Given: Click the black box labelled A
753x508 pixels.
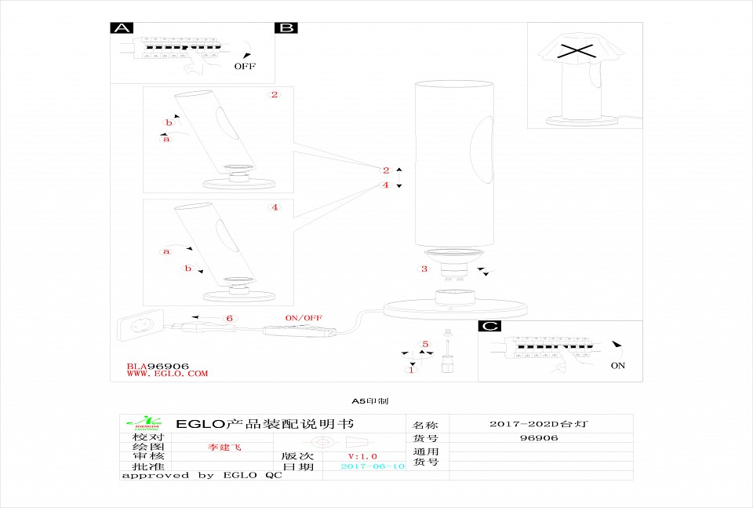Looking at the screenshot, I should pyautogui.click(x=121, y=28).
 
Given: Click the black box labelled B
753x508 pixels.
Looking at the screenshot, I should pyautogui.click(x=286, y=28).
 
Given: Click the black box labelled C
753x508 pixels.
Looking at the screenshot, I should pyautogui.click(x=490, y=326).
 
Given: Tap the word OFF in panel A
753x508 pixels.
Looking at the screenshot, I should pyautogui.click(x=245, y=67).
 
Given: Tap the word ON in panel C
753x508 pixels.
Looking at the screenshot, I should pyautogui.click(x=617, y=366).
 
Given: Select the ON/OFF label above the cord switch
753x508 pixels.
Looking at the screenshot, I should pyautogui.click(x=304, y=317).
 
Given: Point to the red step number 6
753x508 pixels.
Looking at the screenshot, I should pyautogui.click(x=229, y=319).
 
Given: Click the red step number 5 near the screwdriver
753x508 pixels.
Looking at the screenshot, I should pyautogui.click(x=425, y=344).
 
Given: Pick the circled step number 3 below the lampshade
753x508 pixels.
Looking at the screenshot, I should pyautogui.click(x=424, y=269).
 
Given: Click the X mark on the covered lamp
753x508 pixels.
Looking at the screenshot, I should pyautogui.click(x=576, y=53).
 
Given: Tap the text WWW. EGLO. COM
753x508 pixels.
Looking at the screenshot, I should pyautogui.click(x=167, y=374).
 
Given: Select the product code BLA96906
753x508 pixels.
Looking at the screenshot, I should pyautogui.click(x=158, y=366).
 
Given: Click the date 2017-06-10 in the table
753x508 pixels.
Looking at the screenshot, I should pyautogui.click(x=373, y=466).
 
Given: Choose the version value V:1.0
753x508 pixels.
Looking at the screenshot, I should pyautogui.click(x=362, y=456).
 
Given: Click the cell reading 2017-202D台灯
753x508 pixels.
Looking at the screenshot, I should pyautogui.click(x=538, y=424).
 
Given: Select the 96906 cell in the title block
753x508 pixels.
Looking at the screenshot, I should pyautogui.click(x=539, y=438).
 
